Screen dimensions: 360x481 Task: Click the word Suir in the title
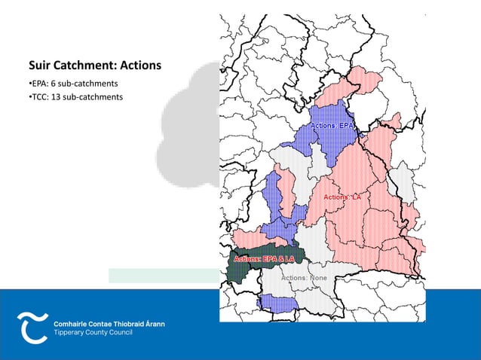tap(40, 66)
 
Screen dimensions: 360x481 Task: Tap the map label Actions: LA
tap(343, 197)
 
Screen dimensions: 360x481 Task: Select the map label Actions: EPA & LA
tap(264, 259)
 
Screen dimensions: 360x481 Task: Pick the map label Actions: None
tap(304, 278)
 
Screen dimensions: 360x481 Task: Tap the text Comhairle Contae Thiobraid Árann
tap(109, 323)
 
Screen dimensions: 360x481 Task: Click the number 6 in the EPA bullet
tap(53, 82)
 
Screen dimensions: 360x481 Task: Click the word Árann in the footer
tap(154, 323)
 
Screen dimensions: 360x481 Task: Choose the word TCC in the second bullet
tap(38, 96)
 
